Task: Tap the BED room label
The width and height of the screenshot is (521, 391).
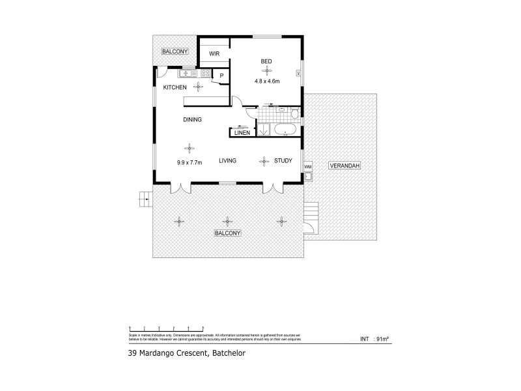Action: [266, 62]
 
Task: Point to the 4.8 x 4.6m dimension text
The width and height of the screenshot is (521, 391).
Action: [266, 81]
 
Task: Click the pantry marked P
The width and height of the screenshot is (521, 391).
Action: [221, 76]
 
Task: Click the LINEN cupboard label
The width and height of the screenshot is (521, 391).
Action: [242, 133]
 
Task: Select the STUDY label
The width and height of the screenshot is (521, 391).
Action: [283, 160]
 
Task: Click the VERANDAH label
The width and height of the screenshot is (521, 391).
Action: [344, 166]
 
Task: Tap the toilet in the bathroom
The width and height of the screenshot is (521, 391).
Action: [294, 115]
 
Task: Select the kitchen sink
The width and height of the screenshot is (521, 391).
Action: [185, 73]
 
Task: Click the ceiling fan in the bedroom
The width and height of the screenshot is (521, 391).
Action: [266, 70]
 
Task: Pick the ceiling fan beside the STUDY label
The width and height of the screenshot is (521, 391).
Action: [264, 161]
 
